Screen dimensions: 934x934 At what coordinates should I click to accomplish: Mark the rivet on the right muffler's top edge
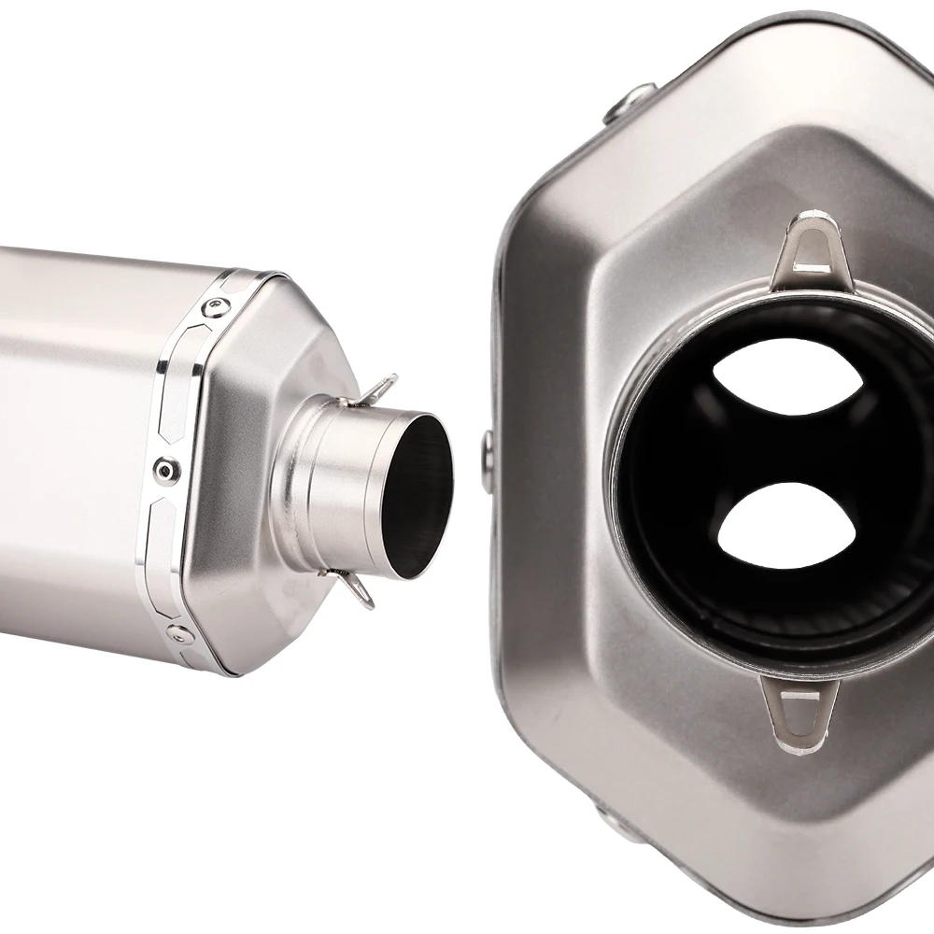630,102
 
